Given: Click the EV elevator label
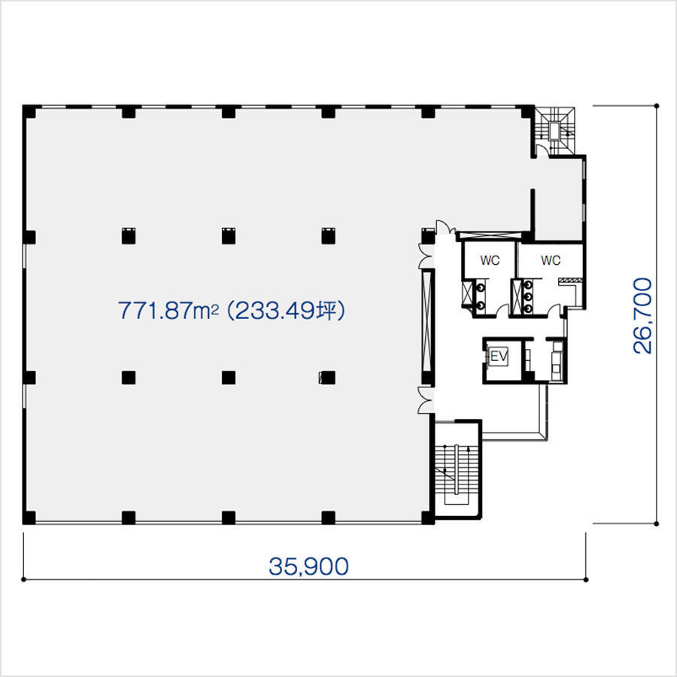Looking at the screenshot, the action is pos(499,357).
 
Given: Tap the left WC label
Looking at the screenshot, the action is pos(490,260).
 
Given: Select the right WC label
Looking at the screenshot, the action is pos(551,260).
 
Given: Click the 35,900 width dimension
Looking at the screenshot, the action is pos(308,566).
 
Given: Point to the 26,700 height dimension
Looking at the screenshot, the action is pos(642,316).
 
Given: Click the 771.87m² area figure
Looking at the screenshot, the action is pos(168,310).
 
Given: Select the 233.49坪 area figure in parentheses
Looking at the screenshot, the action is pos(286,310).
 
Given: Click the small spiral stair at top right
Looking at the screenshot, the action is pos(555,129).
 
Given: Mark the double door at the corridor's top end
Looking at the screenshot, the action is pos(445,227).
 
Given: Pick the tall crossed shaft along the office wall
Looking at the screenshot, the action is pos(427,320).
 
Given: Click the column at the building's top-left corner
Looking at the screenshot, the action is pos(29,111).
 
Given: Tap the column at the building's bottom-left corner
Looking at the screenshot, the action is pos(29,518).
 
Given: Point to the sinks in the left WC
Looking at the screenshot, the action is pos(480,296).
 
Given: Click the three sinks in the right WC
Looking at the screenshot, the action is pos(527,296).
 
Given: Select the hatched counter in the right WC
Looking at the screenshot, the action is pos(570,281).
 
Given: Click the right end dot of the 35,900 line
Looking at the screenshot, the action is pos(586,579).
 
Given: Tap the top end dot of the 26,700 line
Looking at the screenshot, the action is pos(657,106).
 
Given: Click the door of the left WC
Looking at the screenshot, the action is pos(502,311).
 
